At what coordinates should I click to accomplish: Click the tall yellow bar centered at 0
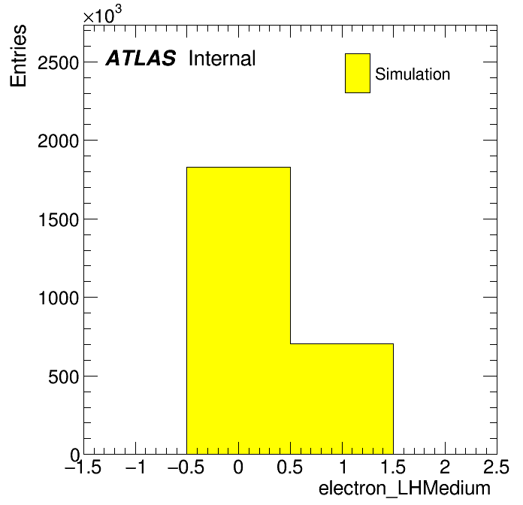pos(238,310)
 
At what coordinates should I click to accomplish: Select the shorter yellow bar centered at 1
pos(342,399)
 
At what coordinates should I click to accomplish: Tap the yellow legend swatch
pos(358,73)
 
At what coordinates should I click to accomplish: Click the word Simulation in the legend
pos(413,74)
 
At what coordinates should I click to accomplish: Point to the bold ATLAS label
pos(141,58)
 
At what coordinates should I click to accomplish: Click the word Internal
pos(222,59)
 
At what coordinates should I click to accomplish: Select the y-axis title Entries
pos(18,56)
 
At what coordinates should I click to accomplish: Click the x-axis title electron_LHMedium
pos(404,488)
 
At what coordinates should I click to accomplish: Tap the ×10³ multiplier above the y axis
pos(102,15)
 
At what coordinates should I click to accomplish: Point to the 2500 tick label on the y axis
pos(58,62)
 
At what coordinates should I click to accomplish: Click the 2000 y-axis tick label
pos(58,141)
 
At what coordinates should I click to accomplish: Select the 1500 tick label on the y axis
pos(59,220)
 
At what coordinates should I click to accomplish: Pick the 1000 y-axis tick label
pos(59,298)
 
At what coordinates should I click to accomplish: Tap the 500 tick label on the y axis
pos(63,377)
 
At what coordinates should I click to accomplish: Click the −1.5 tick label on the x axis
pos(83,467)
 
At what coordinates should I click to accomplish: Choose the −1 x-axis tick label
pos(135,467)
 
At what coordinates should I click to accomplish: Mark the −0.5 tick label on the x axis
pos(186,467)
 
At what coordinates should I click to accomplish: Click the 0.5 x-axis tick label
pos(290,467)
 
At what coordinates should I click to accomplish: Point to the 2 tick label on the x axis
pos(445,467)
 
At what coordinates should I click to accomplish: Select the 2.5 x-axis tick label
pos(496,467)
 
